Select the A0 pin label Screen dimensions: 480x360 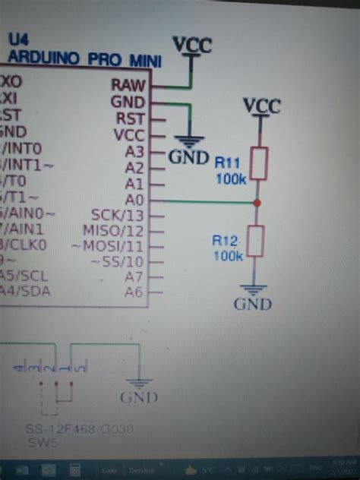pos(134,200)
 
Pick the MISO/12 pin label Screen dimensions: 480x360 pos(114,230)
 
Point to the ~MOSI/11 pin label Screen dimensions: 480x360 pos(107,246)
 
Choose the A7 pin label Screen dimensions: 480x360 pos(134,277)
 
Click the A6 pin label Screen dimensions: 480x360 pos(134,292)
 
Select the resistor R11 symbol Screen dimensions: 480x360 pos(259,164)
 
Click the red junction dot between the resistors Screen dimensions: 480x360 pos(258,203)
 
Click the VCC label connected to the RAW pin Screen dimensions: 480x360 pos(191,45)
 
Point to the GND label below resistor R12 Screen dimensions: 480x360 pos(254,305)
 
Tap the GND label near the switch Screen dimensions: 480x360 pos(139,397)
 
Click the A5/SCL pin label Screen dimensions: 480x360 pos(23,276)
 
